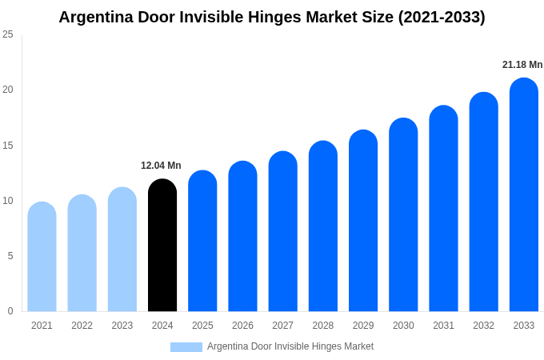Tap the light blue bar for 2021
coord(42,257)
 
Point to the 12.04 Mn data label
coord(161,166)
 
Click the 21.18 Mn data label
coord(522,65)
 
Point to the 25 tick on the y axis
coord(8,34)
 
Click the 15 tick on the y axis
coord(8,145)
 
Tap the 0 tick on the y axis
coord(10,311)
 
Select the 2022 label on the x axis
coord(82,326)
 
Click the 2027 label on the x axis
coord(282,326)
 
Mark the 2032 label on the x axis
coord(483,326)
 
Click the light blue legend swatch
coord(186,347)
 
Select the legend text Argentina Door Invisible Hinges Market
coord(290,346)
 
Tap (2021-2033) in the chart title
coord(442,17)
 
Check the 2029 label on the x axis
coord(363,326)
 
